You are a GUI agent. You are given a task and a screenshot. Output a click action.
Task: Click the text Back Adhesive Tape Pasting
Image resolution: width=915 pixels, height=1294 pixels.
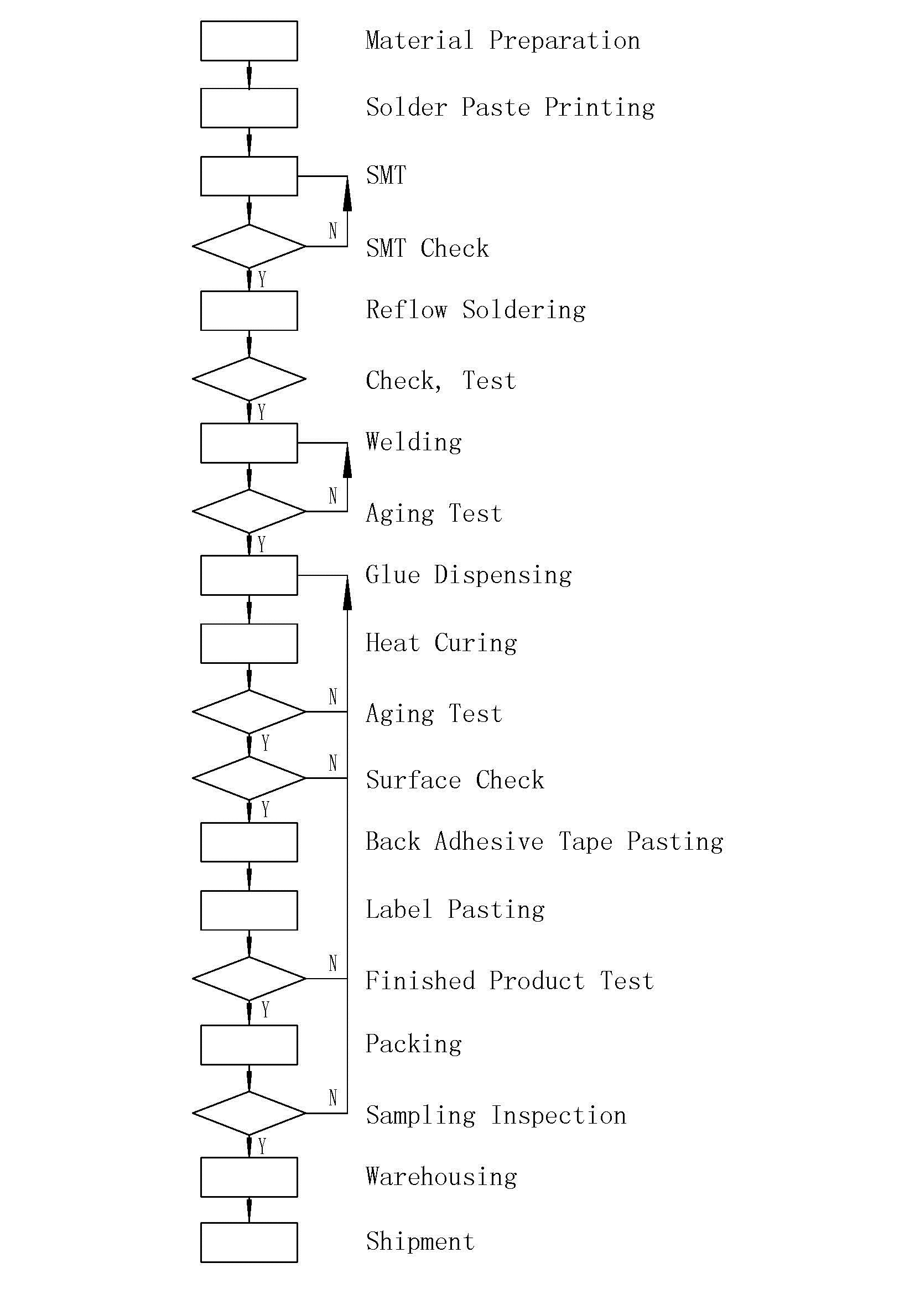pos(544,842)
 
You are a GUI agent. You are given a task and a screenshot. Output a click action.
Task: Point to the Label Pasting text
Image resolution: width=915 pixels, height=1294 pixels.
pos(455,910)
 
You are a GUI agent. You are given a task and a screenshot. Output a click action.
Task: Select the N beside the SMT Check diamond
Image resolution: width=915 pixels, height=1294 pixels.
pos(333,231)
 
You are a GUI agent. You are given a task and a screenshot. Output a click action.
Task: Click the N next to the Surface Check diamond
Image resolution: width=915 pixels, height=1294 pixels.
pos(333,763)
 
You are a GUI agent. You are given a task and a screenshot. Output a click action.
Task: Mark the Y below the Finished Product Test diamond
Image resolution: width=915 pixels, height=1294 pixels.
pos(265,1010)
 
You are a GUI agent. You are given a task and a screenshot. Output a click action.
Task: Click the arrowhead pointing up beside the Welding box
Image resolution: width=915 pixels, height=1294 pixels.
pos(347,460)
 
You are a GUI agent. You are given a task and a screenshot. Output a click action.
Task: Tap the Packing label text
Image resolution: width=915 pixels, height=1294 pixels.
pos(414,1044)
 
